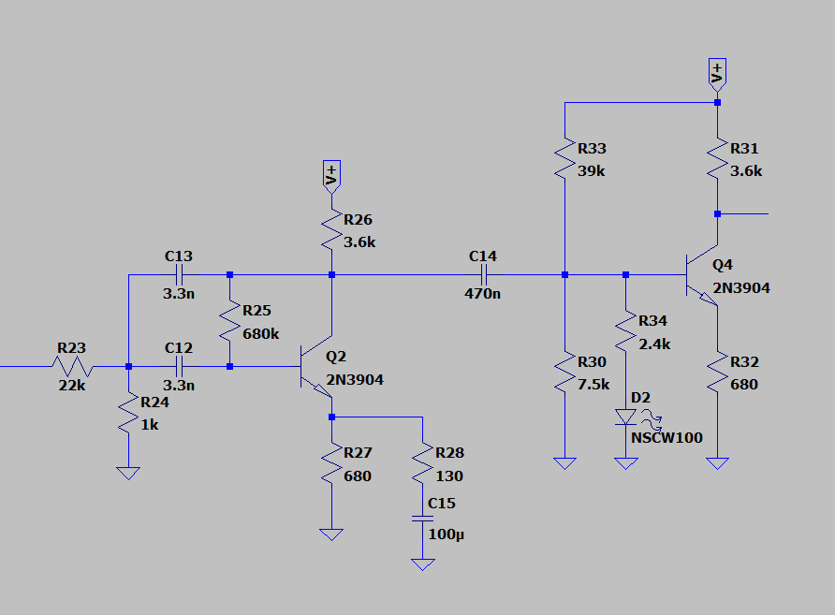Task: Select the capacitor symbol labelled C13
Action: (178, 275)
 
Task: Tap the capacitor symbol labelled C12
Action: (178, 367)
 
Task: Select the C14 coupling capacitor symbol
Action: (484, 275)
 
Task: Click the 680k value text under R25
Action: (260, 334)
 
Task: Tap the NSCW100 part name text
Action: (667, 438)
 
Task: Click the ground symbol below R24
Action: (128, 473)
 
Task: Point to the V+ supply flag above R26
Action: (331, 175)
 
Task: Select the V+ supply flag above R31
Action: (717, 73)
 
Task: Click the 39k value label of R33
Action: (592, 171)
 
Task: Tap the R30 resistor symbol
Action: (564, 373)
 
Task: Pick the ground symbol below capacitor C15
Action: (423, 564)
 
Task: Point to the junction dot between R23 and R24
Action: (128, 367)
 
